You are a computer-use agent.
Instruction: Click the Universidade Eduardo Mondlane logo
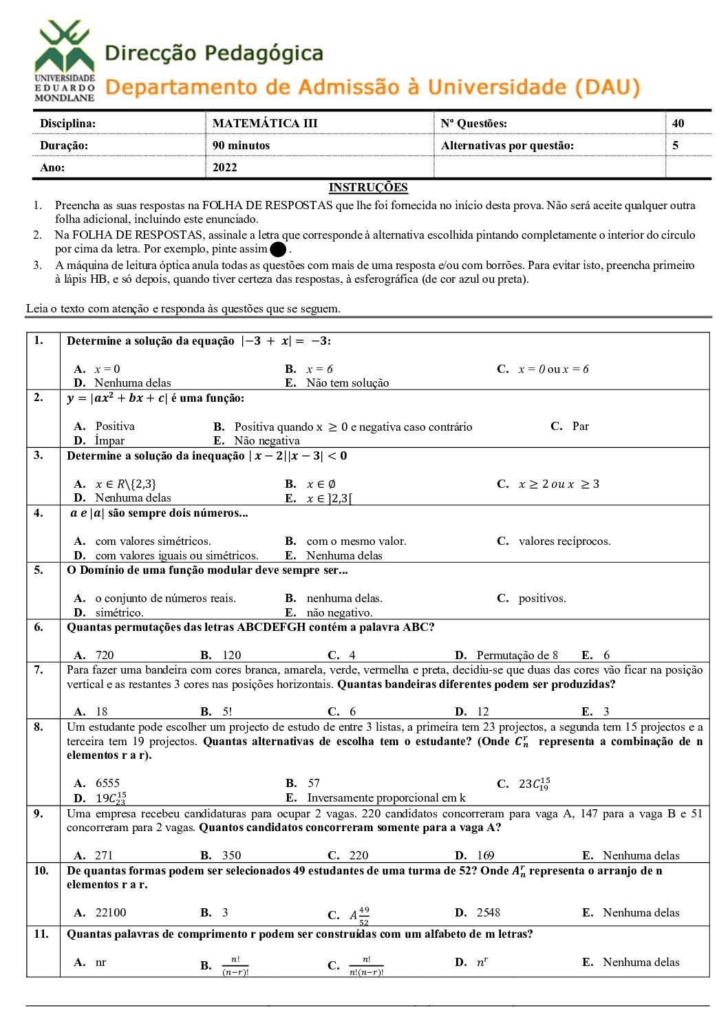pos(65,61)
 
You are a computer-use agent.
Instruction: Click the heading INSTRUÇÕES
pos(368,187)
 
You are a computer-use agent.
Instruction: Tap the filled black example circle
pos(279,250)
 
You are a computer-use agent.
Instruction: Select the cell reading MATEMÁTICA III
pos(265,123)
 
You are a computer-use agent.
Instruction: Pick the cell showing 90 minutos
pos(241,145)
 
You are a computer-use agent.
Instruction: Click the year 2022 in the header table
pos(224,167)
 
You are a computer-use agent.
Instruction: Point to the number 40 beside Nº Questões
pos(678,123)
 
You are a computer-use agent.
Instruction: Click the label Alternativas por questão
pos(507,145)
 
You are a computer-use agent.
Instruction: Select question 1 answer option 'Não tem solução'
pos(347,383)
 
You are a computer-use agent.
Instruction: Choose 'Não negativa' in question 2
pos(266,441)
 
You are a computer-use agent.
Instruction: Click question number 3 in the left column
pos(39,455)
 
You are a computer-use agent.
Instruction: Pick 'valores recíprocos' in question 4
pos(564,541)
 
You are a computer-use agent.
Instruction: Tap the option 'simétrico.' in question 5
pos(119,613)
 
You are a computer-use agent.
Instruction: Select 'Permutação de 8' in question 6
pos(517,655)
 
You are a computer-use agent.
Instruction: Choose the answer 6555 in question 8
pos(107,783)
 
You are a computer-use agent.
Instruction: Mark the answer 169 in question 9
pos(485,855)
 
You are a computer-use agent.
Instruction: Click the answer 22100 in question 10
pos(110,912)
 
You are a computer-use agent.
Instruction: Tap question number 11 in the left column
pos(41,934)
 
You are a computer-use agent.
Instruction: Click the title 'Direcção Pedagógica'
pos(214,53)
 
